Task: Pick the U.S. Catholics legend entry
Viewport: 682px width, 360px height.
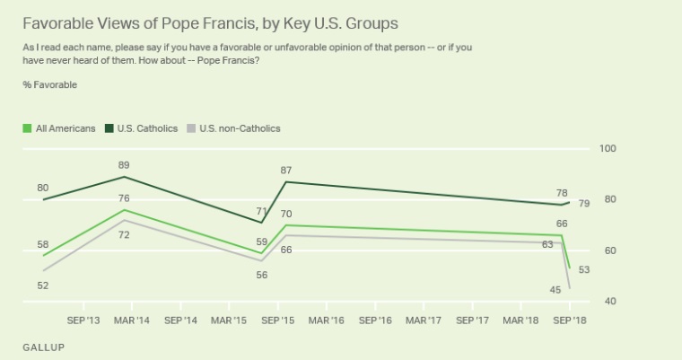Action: pyautogui.click(x=138, y=128)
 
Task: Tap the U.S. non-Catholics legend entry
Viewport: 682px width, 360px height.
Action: pyautogui.click(x=235, y=128)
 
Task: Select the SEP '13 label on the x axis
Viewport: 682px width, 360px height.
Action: pyautogui.click(x=83, y=319)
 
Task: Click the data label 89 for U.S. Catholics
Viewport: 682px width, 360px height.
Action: pyautogui.click(x=124, y=165)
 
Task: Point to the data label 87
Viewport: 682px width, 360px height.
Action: pyautogui.click(x=286, y=171)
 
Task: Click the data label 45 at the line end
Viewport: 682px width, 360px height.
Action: pyautogui.click(x=555, y=289)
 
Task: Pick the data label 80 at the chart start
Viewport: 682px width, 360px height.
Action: pyautogui.click(x=42, y=188)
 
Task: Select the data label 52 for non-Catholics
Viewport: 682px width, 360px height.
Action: pyautogui.click(x=42, y=285)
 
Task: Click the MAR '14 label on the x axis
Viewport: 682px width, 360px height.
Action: pyautogui.click(x=132, y=319)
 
